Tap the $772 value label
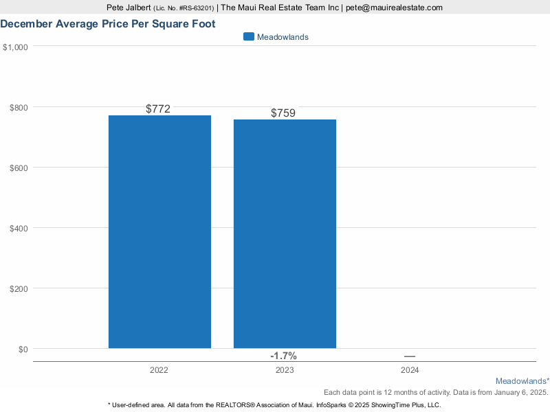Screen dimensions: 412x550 click(x=158, y=108)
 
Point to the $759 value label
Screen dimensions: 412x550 click(x=283, y=113)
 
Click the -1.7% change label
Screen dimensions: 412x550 click(x=283, y=356)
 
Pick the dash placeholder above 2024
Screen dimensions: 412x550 click(x=410, y=356)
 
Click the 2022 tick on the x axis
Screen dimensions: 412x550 click(x=159, y=370)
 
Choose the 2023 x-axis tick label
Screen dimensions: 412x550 click(x=284, y=370)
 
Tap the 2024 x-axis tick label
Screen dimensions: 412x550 click(x=410, y=370)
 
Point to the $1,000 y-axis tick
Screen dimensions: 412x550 click(x=15, y=47)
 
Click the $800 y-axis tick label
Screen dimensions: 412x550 click(x=19, y=107)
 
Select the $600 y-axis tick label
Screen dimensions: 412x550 click(x=19, y=168)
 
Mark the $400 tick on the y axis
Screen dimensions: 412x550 click(x=19, y=228)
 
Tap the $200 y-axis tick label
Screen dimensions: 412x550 click(x=19, y=288)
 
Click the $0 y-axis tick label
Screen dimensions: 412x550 click(x=23, y=349)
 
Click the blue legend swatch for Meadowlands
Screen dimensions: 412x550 click(x=249, y=37)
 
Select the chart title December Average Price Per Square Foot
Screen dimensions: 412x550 click(x=108, y=24)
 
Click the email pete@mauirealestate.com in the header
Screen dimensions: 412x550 click(x=394, y=8)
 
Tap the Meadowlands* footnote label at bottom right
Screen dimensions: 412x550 click(x=522, y=380)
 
